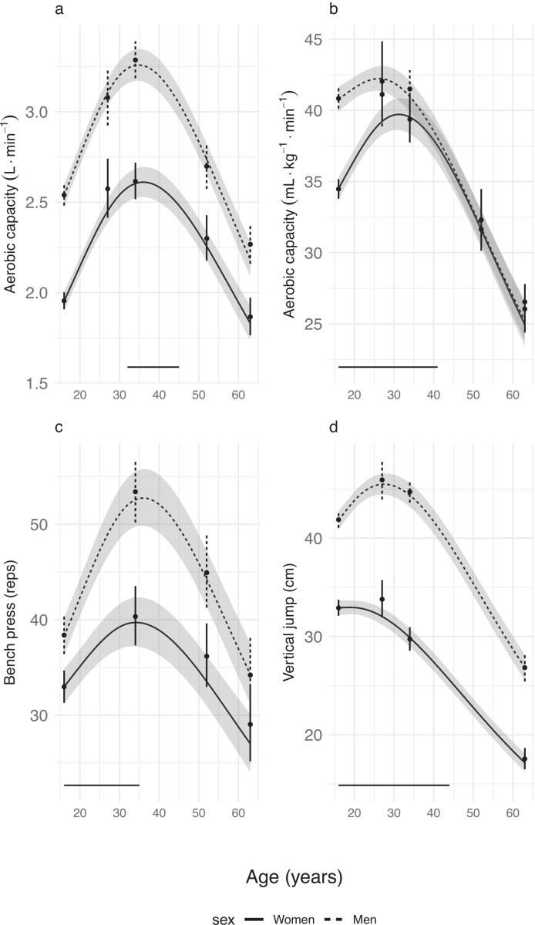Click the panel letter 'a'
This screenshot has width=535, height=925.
[x=59, y=10]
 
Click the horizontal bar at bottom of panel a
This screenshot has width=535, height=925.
[x=153, y=367]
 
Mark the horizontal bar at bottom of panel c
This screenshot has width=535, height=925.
[x=101, y=785]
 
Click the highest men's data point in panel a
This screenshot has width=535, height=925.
[x=135, y=60]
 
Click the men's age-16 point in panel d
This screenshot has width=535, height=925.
[x=338, y=520]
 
